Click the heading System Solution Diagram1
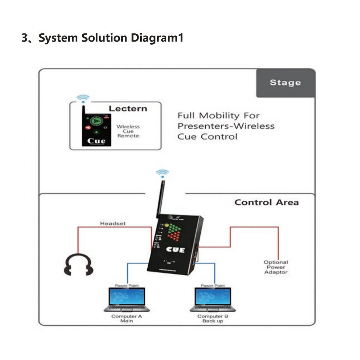pyautogui.click(x=102, y=38)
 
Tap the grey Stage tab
pyautogui.click(x=285, y=83)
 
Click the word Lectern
pyautogui.click(x=128, y=109)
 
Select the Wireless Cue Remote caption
pyautogui.click(x=128, y=131)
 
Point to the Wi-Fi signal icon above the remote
pyautogui.click(x=83, y=98)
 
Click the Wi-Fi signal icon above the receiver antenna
pyautogui.click(x=162, y=173)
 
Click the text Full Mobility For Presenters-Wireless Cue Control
pyautogui.click(x=226, y=126)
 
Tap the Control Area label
pyautogui.click(x=266, y=202)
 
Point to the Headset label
pyautogui.click(x=112, y=224)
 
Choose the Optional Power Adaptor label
pyautogui.click(x=276, y=267)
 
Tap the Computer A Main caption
pyautogui.click(x=127, y=319)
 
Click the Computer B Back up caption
pyautogui.click(x=213, y=319)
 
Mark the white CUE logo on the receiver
pyautogui.click(x=175, y=250)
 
